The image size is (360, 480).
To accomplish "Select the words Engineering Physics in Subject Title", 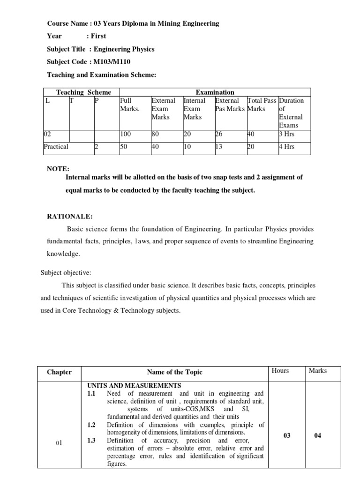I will pos(124,49).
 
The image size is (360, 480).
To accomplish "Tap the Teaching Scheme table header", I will pos(80,92).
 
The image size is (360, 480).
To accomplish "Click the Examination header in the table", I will pos(214,92).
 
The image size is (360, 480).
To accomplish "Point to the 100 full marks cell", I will pos(126,134).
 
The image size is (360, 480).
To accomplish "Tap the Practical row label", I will pos(56,147).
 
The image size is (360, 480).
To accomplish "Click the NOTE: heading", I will pos(58,168).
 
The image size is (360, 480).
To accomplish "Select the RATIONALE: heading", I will pos(69,216).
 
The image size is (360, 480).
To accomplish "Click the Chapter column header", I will pos(59,372).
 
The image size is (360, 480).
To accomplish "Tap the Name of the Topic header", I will pos(174,372).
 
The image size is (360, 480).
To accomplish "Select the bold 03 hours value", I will pos(287,435).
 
